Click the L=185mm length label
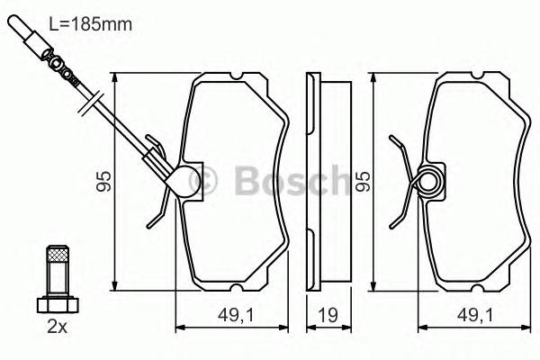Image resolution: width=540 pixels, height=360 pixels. [x=94, y=24]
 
